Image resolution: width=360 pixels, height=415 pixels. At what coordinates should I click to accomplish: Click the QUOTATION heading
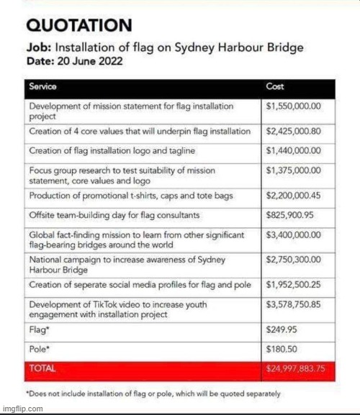(79, 26)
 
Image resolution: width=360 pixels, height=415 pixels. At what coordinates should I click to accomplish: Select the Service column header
(43, 86)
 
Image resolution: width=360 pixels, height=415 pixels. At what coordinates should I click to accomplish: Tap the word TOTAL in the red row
(42, 369)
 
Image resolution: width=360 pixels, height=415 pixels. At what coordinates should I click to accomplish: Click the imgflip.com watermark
(22, 409)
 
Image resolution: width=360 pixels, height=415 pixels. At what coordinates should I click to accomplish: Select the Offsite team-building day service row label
(115, 215)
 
